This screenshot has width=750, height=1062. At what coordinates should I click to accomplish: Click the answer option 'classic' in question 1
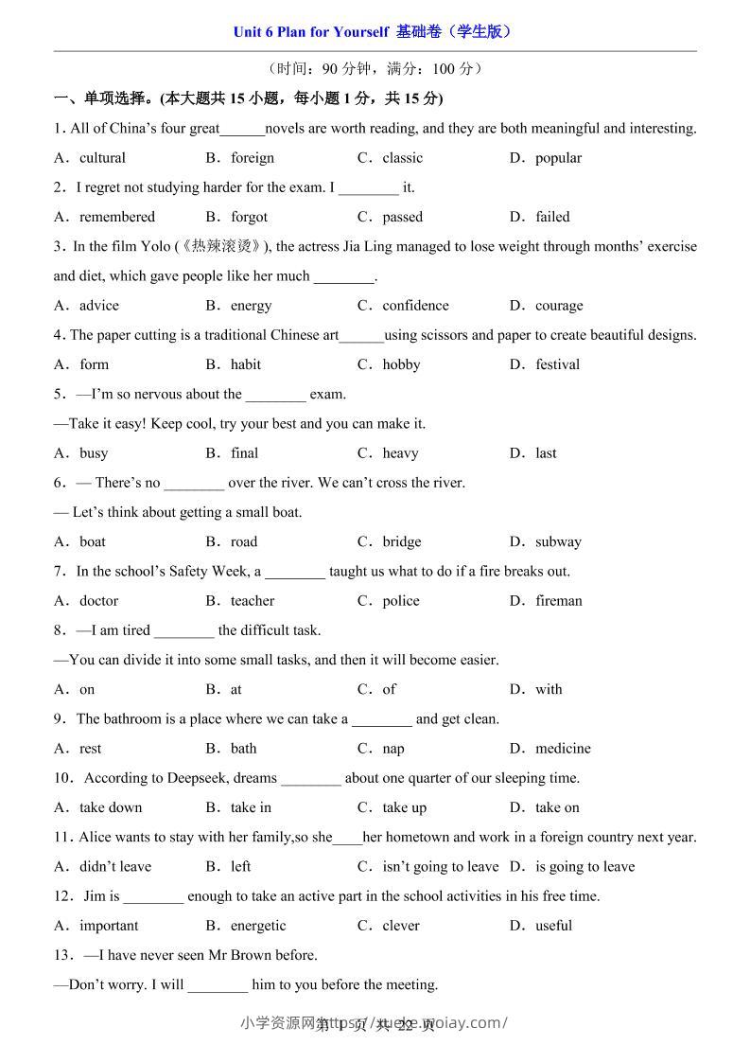402,158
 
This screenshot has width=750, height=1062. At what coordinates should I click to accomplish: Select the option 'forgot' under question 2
249,217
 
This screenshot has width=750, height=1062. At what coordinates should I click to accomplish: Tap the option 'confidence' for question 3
415,306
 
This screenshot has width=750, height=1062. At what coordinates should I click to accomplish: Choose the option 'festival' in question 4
557,364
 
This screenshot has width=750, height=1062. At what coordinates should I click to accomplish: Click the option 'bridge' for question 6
401,542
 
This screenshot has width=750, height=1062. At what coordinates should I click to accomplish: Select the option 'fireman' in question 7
558,601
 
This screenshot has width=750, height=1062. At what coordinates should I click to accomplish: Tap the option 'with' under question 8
549,690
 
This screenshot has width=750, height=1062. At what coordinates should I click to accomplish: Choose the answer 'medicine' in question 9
563,749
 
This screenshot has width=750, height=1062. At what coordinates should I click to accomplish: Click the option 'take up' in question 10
404,807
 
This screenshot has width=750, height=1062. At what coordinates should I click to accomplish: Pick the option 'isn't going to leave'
440,866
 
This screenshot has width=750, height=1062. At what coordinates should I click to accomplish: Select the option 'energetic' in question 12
257,926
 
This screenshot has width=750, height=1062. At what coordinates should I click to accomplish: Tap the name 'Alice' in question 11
96,837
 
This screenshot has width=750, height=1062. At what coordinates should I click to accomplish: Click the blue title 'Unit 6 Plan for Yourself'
310,32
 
